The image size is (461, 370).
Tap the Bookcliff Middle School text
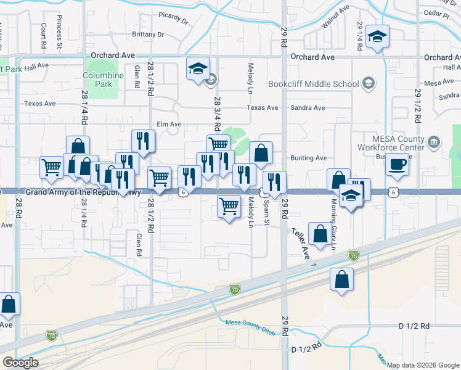(313, 84)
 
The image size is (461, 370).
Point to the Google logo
(20, 363)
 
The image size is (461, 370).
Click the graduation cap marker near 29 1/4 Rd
(377, 37)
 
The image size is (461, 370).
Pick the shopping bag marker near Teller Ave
(320, 235)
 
